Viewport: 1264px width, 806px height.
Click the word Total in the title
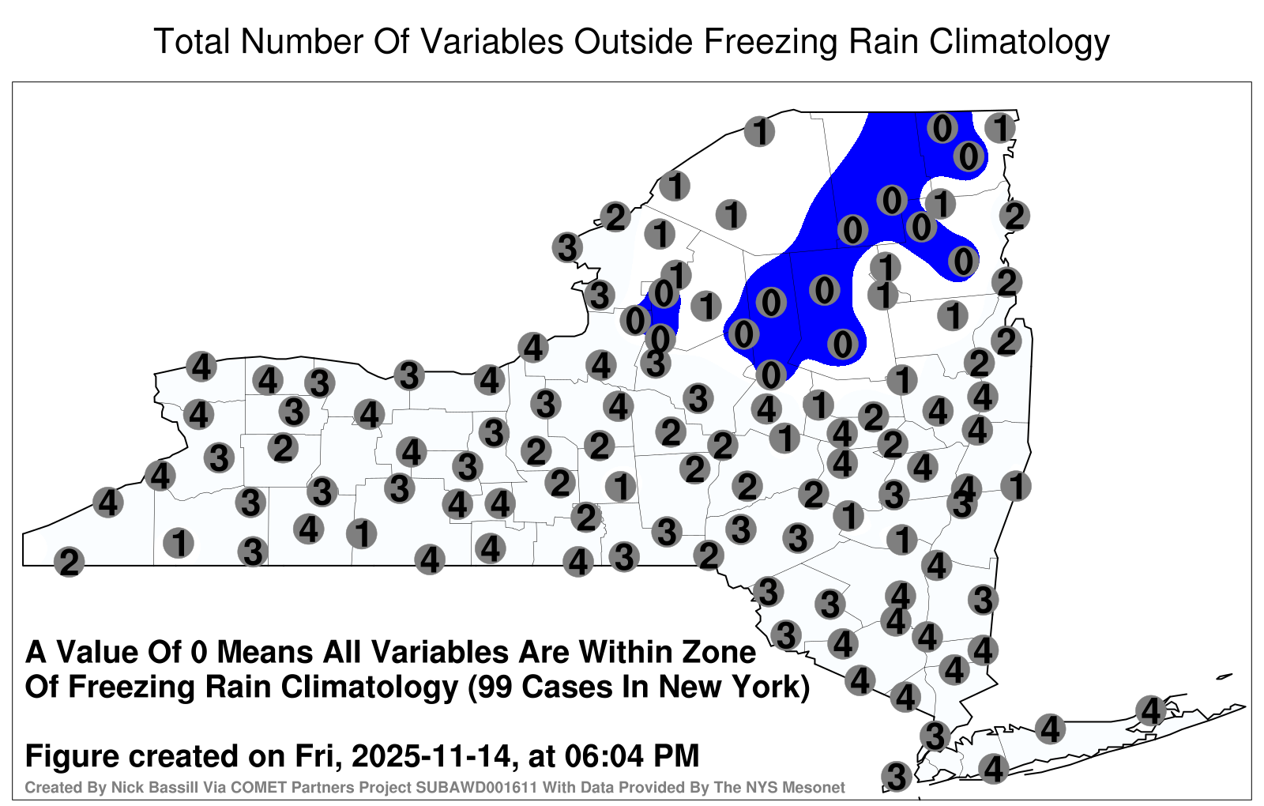(x=193, y=41)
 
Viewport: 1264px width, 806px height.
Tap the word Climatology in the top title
(x=1019, y=43)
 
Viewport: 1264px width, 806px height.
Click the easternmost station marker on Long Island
(x=1150, y=710)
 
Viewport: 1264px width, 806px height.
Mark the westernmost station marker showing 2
(x=69, y=562)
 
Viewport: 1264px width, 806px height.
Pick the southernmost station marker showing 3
(x=897, y=776)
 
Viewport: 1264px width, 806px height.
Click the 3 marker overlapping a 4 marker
(x=961, y=504)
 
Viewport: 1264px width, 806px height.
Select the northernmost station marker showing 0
(x=942, y=127)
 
